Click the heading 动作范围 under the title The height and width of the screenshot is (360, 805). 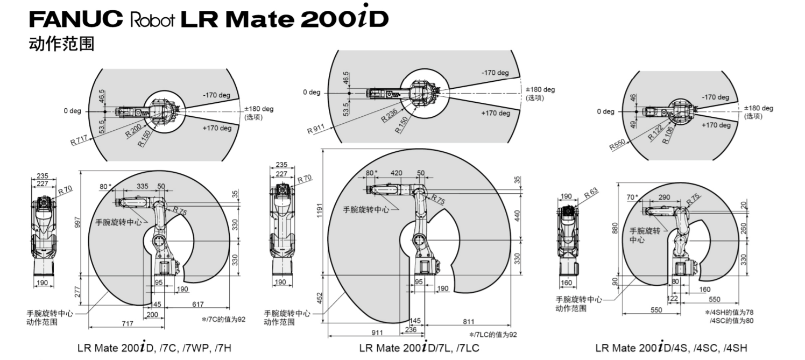(x=62, y=44)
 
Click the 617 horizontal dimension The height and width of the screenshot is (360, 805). (x=198, y=305)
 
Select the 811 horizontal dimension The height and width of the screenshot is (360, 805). (x=468, y=322)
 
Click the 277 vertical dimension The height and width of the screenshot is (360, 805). (x=76, y=292)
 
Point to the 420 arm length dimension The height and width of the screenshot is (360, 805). (x=396, y=173)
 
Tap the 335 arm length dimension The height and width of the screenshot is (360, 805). (x=143, y=186)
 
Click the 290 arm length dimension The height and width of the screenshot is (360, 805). (x=664, y=197)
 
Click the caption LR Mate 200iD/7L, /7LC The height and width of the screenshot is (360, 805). (x=419, y=348)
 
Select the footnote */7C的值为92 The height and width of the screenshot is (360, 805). (x=223, y=319)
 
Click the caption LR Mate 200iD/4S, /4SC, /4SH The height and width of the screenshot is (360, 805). (x=671, y=348)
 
